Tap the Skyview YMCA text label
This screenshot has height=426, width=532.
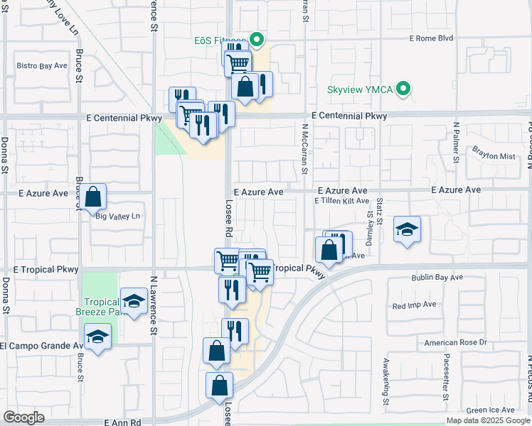[x=361, y=90]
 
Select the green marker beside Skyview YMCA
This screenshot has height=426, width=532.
[x=404, y=89]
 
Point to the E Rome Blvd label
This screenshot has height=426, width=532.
[x=432, y=38]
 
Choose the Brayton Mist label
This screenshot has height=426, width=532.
[x=493, y=153]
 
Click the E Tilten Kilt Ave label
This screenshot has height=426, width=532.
[x=342, y=201]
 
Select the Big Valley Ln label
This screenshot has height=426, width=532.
[x=118, y=217]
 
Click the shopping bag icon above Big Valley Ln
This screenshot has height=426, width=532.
[x=93, y=197]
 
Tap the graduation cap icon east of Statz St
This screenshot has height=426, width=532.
[x=407, y=230]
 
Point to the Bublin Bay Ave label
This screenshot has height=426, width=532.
[x=437, y=277]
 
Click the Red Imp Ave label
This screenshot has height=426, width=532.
[x=414, y=305]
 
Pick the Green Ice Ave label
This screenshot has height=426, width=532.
[x=490, y=410]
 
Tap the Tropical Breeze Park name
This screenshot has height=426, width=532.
[x=100, y=307]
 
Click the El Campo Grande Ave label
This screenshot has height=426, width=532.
[x=42, y=346]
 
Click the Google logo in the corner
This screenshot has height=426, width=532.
[x=24, y=417]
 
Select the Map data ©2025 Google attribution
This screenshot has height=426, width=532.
[x=488, y=420]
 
